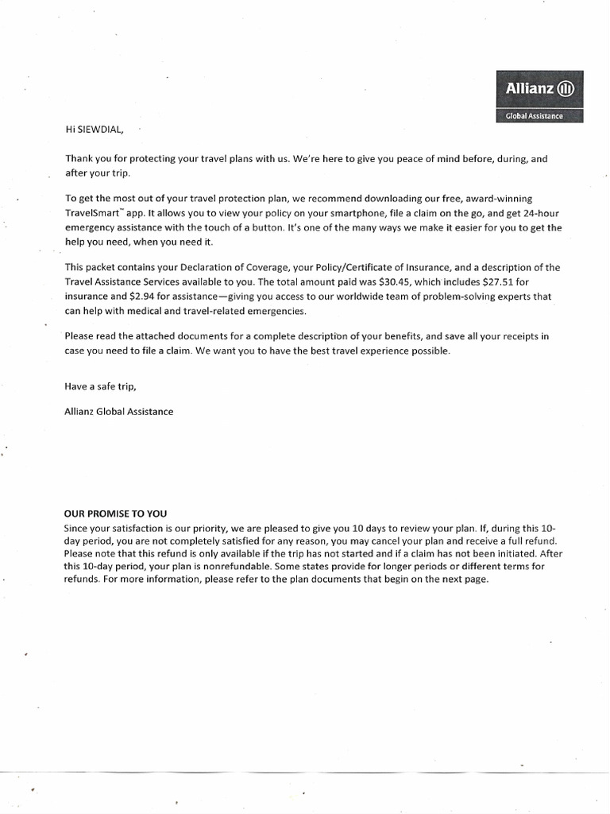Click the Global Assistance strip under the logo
click(539, 116)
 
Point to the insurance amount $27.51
click(502, 283)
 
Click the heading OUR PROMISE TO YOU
click(116, 514)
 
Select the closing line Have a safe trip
click(102, 387)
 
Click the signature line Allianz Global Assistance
click(118, 412)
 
